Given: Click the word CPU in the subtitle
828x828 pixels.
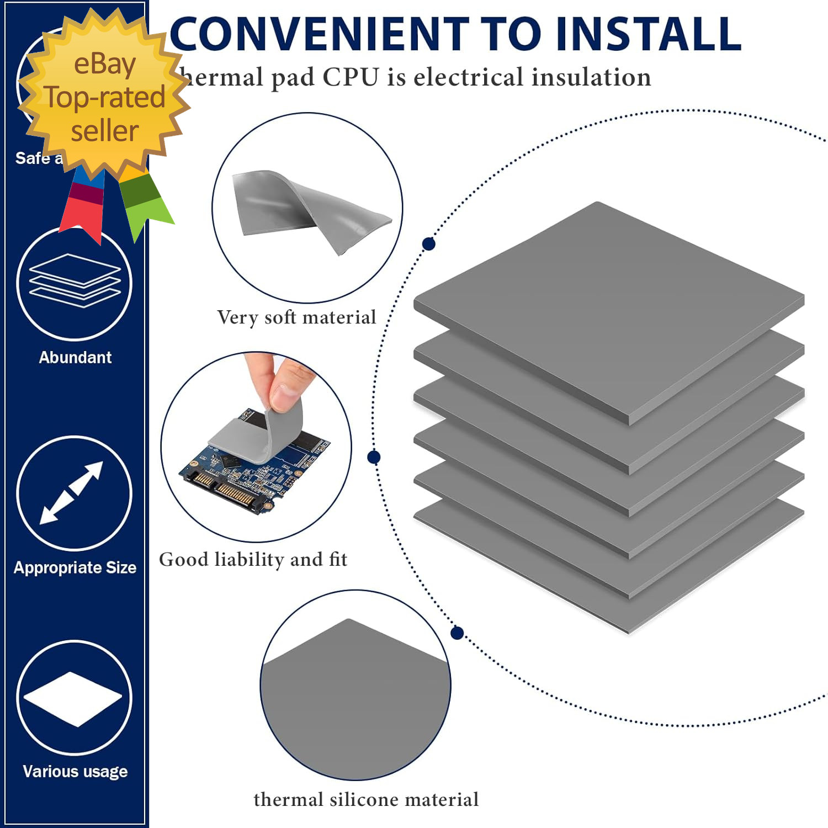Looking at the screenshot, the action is click(351, 77).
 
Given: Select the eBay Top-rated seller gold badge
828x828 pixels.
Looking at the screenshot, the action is click(104, 94).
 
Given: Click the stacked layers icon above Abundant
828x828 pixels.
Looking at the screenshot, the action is click(75, 280).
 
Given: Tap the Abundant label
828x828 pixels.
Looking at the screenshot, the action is click(75, 358).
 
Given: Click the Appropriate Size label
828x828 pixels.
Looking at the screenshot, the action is click(75, 567).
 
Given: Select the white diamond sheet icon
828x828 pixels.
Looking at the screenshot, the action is click(73, 698).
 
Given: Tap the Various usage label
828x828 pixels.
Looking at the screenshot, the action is click(75, 771).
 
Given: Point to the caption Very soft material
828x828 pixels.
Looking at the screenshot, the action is click(296, 317).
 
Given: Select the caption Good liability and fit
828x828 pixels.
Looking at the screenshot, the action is click(253, 560).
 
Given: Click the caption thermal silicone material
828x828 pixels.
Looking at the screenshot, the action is click(366, 799).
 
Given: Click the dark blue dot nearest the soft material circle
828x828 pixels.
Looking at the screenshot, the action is click(428, 244).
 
